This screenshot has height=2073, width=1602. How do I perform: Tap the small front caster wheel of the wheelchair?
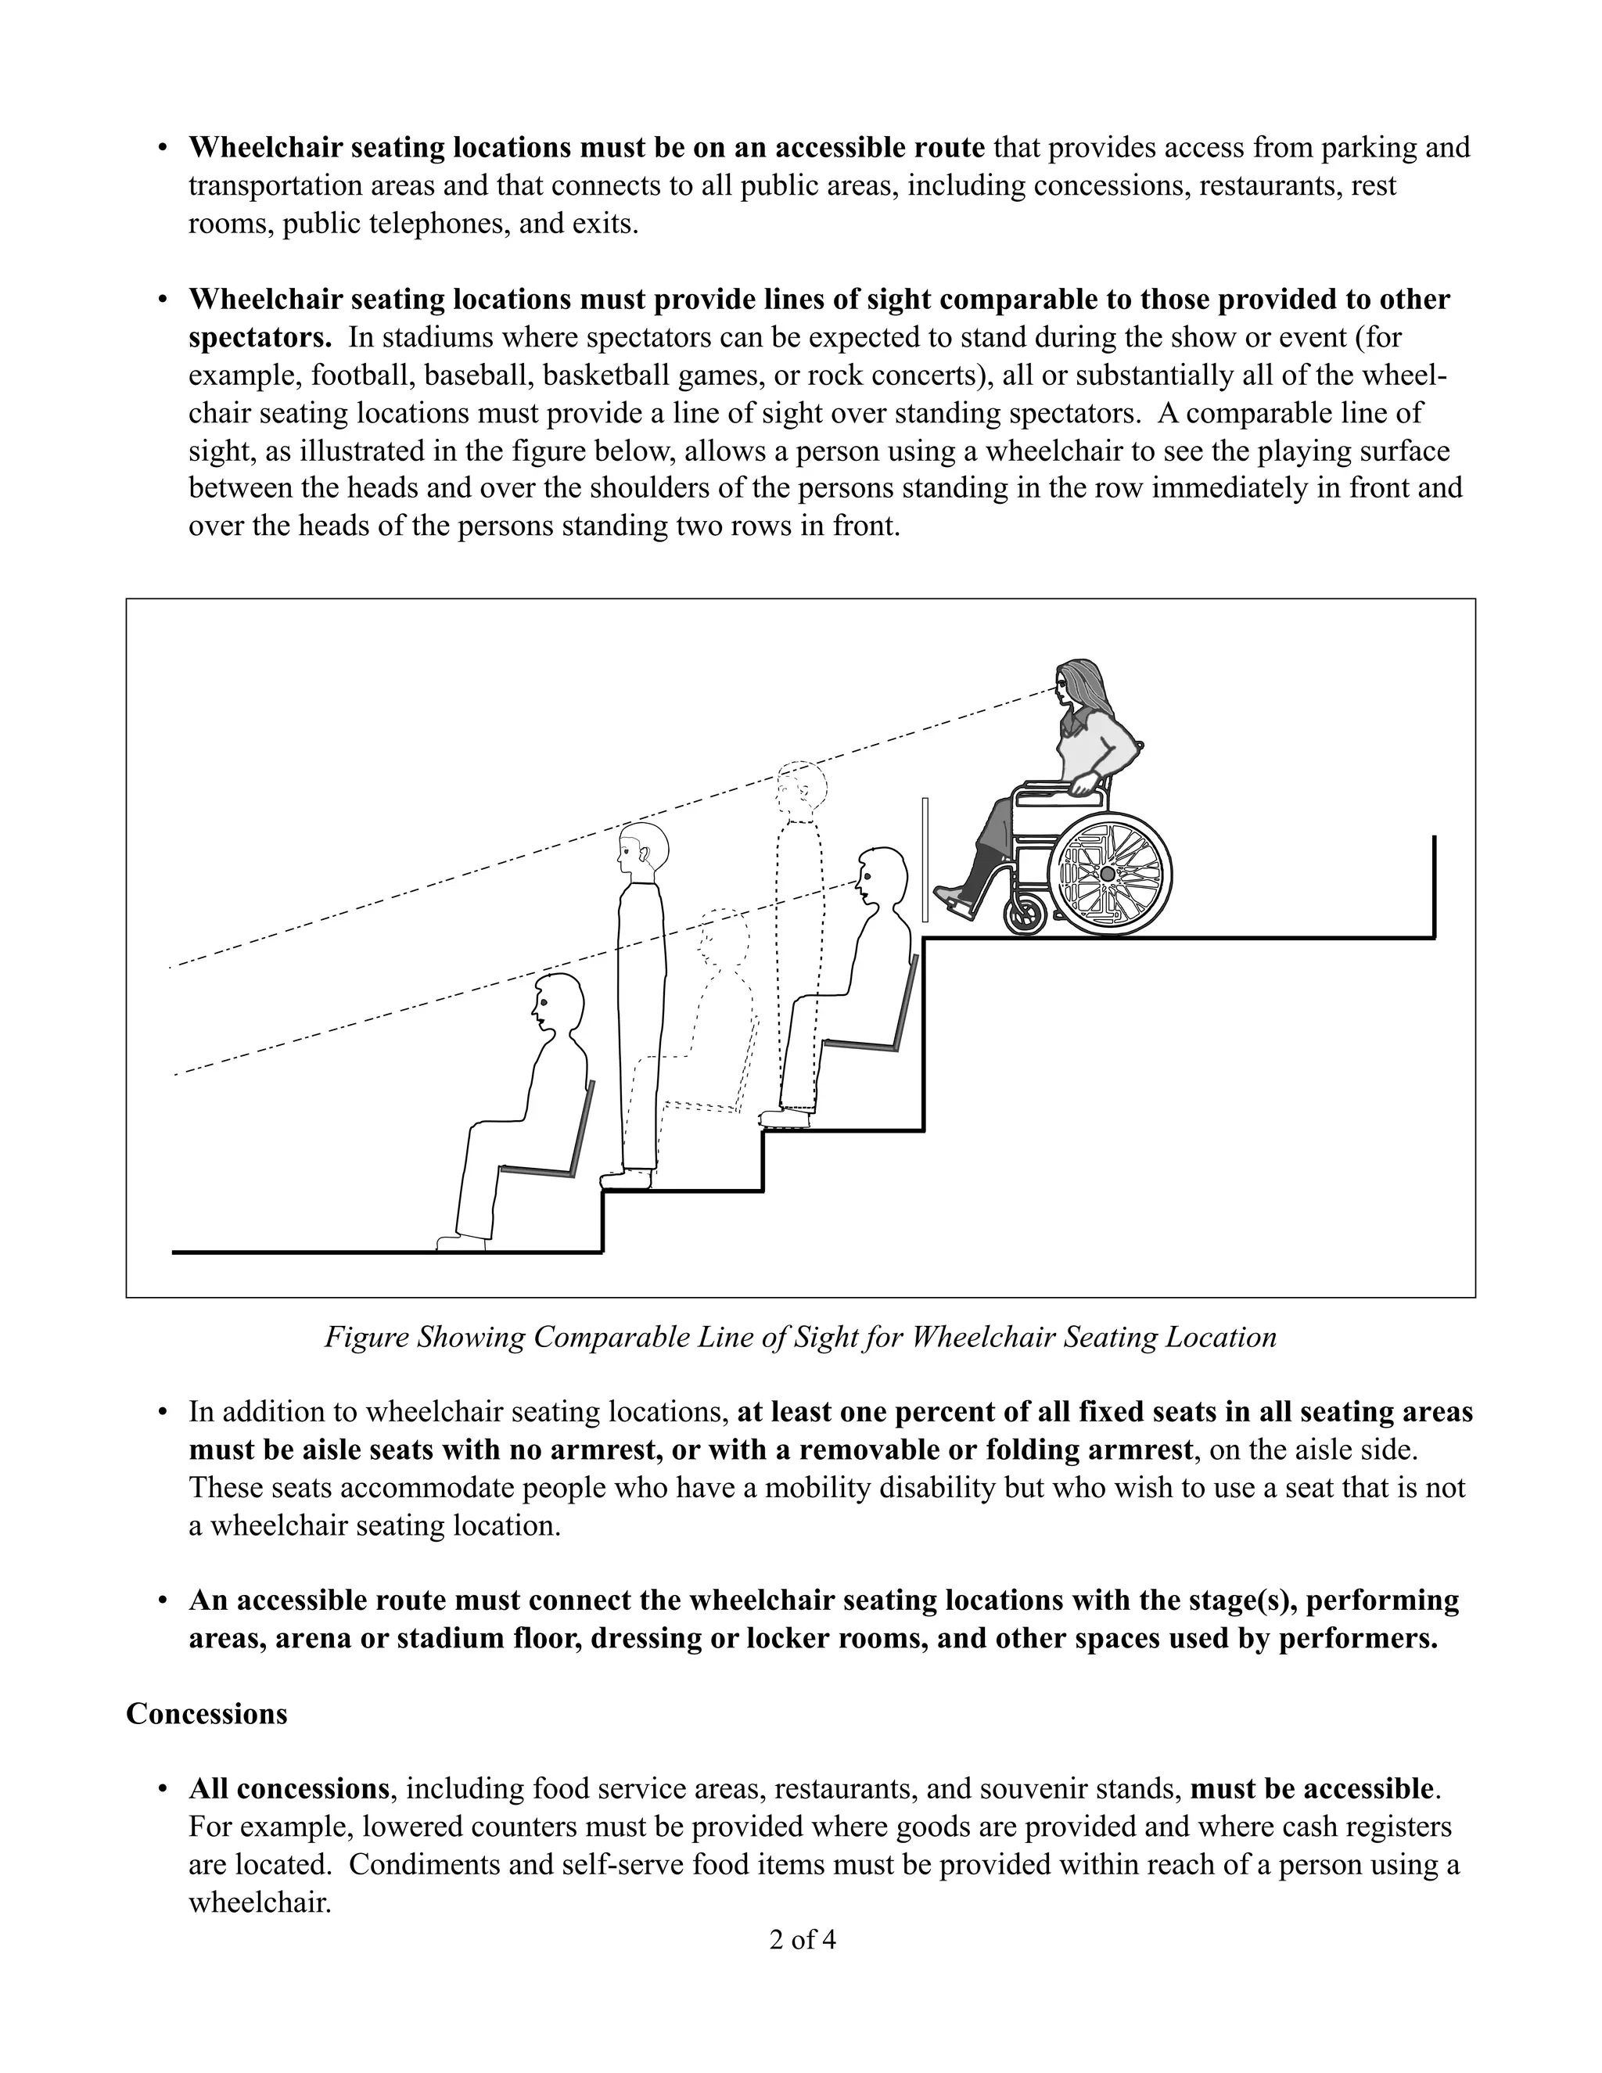[x=1024, y=915]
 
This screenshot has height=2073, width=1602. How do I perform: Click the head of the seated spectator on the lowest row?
[x=558, y=1001]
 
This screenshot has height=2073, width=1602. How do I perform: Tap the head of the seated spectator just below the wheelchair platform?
[x=881, y=875]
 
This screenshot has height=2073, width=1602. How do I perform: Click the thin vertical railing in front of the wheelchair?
[x=925, y=859]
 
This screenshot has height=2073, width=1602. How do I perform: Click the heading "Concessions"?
[x=206, y=1713]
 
